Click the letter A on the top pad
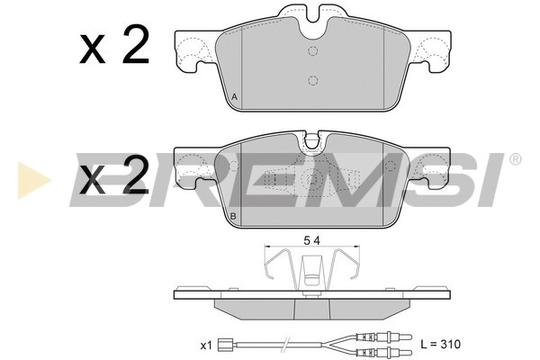(234, 96)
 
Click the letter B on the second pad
(234, 217)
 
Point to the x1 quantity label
(206, 345)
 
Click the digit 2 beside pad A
(134, 46)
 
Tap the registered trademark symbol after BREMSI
(514, 160)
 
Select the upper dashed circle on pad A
(312, 50)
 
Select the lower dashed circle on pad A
(312, 80)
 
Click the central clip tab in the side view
(311, 269)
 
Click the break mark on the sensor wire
(285, 345)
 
